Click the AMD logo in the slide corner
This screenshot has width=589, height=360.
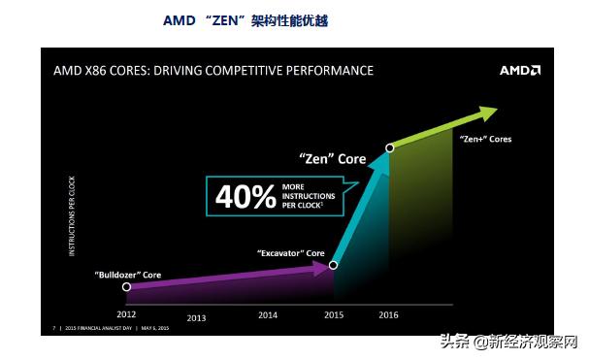519,71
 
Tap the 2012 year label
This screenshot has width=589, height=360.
126,314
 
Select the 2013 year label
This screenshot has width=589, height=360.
197,318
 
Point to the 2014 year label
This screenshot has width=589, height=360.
267,314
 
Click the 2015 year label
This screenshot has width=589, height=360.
334,314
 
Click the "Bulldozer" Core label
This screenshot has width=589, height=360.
127,276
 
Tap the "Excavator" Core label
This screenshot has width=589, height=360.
290,253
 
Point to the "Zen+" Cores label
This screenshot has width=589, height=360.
485,139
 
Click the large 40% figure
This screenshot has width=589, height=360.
245,196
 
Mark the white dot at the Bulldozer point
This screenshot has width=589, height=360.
126,287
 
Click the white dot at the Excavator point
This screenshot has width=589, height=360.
333,265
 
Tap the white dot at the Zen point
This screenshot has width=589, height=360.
389,147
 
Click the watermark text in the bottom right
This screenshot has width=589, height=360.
508,342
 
